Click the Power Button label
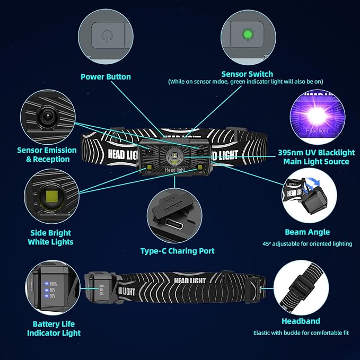point(106,77)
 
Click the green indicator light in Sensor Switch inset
point(246,36)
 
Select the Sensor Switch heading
point(247,74)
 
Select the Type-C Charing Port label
point(178,251)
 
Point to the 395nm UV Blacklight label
point(314,157)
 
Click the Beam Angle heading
point(308,232)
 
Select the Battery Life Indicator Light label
point(54,328)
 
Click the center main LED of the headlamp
point(174,157)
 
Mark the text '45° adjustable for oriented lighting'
point(308,244)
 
